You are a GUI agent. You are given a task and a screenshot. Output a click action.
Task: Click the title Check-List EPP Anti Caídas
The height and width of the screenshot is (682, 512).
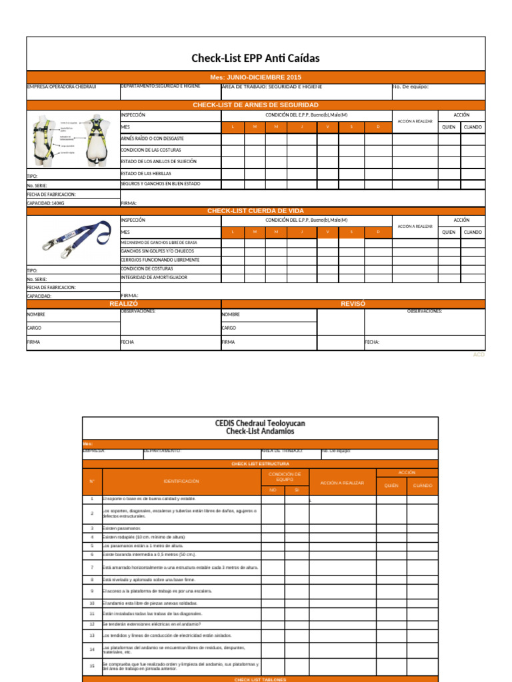(x=255, y=59)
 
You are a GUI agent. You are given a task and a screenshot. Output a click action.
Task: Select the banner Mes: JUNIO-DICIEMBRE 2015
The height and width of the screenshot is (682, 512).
(x=255, y=77)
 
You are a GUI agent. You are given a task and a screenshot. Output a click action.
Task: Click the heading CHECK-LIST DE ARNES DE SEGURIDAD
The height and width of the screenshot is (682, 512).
(x=255, y=105)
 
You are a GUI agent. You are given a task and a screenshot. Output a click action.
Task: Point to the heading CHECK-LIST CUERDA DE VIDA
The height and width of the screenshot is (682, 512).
(x=255, y=210)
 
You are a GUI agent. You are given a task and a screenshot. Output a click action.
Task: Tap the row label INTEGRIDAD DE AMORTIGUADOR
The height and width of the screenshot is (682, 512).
(x=153, y=277)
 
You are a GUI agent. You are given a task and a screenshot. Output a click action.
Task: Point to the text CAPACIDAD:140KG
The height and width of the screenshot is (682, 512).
(x=46, y=202)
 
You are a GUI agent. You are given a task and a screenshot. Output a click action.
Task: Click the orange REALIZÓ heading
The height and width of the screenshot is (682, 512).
(x=123, y=304)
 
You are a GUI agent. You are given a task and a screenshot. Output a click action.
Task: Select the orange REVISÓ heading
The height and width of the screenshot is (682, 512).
(x=353, y=304)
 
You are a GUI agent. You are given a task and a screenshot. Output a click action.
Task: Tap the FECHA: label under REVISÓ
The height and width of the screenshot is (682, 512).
(x=372, y=342)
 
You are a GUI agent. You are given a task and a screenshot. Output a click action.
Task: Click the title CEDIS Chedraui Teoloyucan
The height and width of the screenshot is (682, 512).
(x=260, y=423)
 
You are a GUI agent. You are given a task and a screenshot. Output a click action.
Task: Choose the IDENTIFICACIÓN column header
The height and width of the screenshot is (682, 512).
(x=181, y=481)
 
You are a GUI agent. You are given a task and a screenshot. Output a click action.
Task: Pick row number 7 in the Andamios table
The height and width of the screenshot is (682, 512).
(x=92, y=567)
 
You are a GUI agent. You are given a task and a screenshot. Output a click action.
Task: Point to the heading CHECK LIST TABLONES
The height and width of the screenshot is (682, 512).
(x=260, y=679)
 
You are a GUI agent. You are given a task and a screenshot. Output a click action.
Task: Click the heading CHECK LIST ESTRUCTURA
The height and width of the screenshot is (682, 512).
(x=260, y=464)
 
